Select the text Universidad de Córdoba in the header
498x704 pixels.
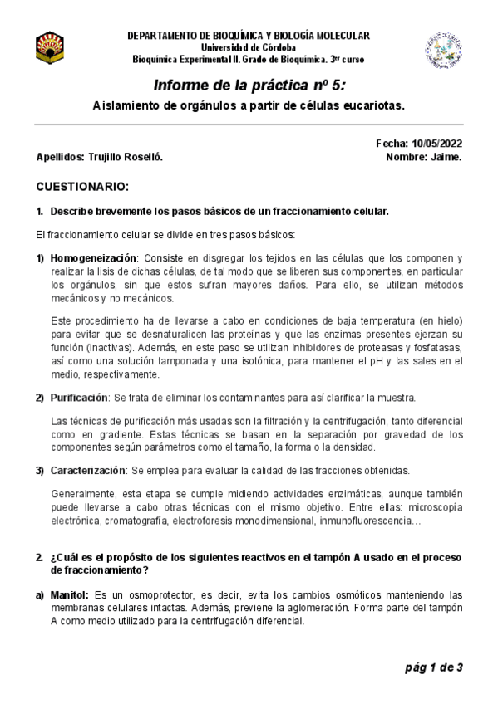coord(248,47)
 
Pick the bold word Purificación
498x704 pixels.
coord(79,398)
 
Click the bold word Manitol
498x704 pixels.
coord(71,594)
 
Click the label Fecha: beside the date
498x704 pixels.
coord(392,144)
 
